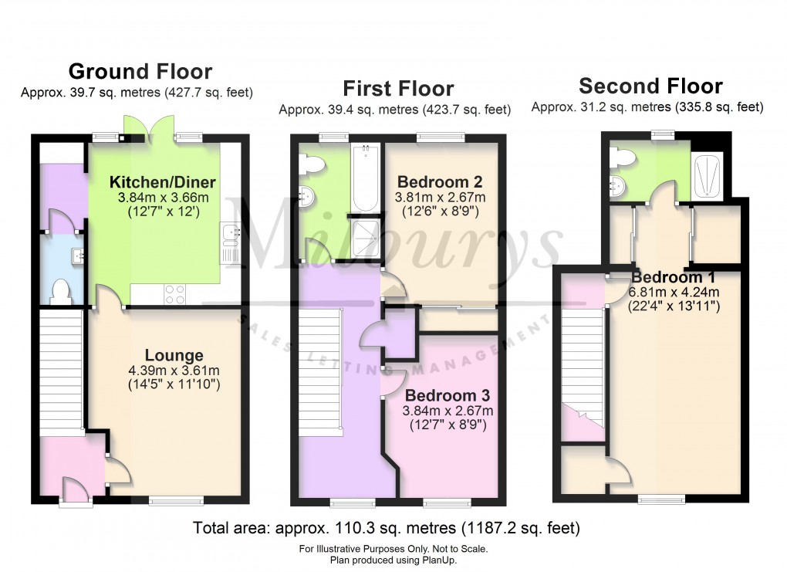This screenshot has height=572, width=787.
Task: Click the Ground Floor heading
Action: tap(140, 72)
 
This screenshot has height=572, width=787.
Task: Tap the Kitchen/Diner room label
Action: tap(162, 183)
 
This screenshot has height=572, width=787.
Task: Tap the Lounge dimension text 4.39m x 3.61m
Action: tap(175, 369)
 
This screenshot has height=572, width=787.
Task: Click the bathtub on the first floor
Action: tap(365, 179)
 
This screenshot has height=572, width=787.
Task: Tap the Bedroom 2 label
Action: tap(440, 183)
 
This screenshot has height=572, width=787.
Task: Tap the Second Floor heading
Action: tap(650, 86)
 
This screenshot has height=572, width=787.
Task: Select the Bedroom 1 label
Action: tap(673, 278)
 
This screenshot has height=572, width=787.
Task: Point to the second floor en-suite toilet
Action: tap(621, 158)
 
